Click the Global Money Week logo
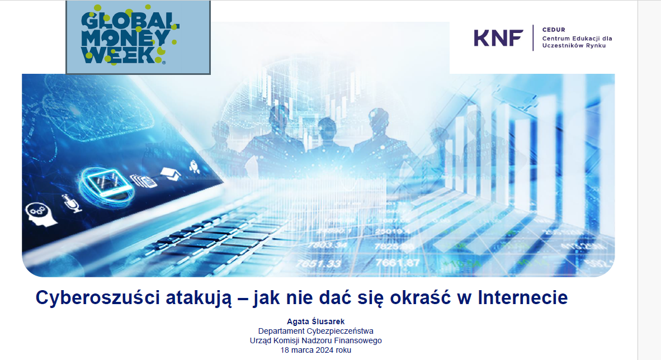tap(138, 37)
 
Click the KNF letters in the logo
tap(498, 38)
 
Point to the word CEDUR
tap(554, 30)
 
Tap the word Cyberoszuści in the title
tap(98, 297)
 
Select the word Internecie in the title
tap(523, 297)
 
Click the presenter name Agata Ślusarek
tap(316, 321)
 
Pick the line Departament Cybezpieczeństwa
tap(316, 331)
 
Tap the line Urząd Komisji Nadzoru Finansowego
tap(316, 340)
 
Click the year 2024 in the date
tap(325, 350)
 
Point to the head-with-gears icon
tap(40, 214)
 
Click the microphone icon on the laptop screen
tap(72, 203)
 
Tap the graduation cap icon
tap(171, 173)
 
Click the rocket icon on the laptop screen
tap(195, 167)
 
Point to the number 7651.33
tap(318, 264)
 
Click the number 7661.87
tap(397, 263)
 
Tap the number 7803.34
tap(327, 245)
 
